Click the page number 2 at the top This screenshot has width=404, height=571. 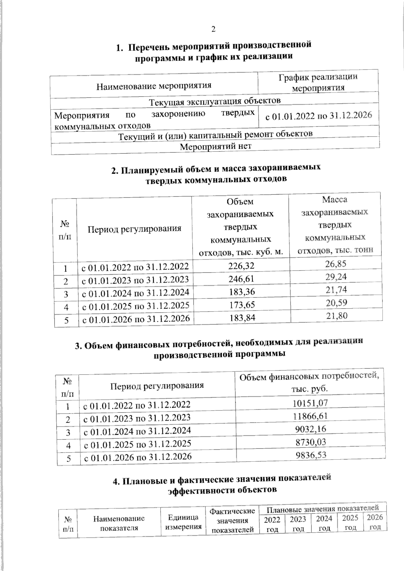(x=213, y=29)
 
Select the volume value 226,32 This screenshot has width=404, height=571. (x=241, y=266)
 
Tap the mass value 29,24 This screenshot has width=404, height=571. (x=336, y=277)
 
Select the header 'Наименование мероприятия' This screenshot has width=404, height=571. (x=154, y=86)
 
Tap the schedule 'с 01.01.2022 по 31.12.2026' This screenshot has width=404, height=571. (x=318, y=116)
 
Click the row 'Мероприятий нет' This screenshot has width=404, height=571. (x=215, y=146)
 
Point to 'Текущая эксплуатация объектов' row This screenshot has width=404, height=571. (x=215, y=101)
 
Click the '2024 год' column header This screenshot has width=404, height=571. (x=324, y=523)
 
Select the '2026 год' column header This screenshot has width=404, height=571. (x=375, y=522)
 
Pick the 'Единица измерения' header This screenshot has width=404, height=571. (x=183, y=522)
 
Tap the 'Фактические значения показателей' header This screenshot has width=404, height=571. (x=232, y=521)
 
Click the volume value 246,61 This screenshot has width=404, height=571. (x=241, y=279)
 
